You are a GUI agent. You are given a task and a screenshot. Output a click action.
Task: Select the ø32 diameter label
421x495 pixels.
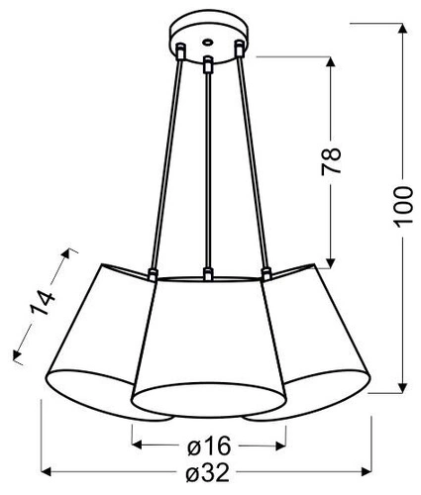click(x=209, y=474)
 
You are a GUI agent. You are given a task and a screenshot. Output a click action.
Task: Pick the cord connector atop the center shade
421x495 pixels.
click(x=207, y=272)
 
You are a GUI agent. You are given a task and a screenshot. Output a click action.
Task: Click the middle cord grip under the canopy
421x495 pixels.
click(x=208, y=65)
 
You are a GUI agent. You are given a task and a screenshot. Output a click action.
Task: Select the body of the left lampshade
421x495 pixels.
click(x=99, y=327)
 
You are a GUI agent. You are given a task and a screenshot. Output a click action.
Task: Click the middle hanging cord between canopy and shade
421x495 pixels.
click(x=207, y=168)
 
